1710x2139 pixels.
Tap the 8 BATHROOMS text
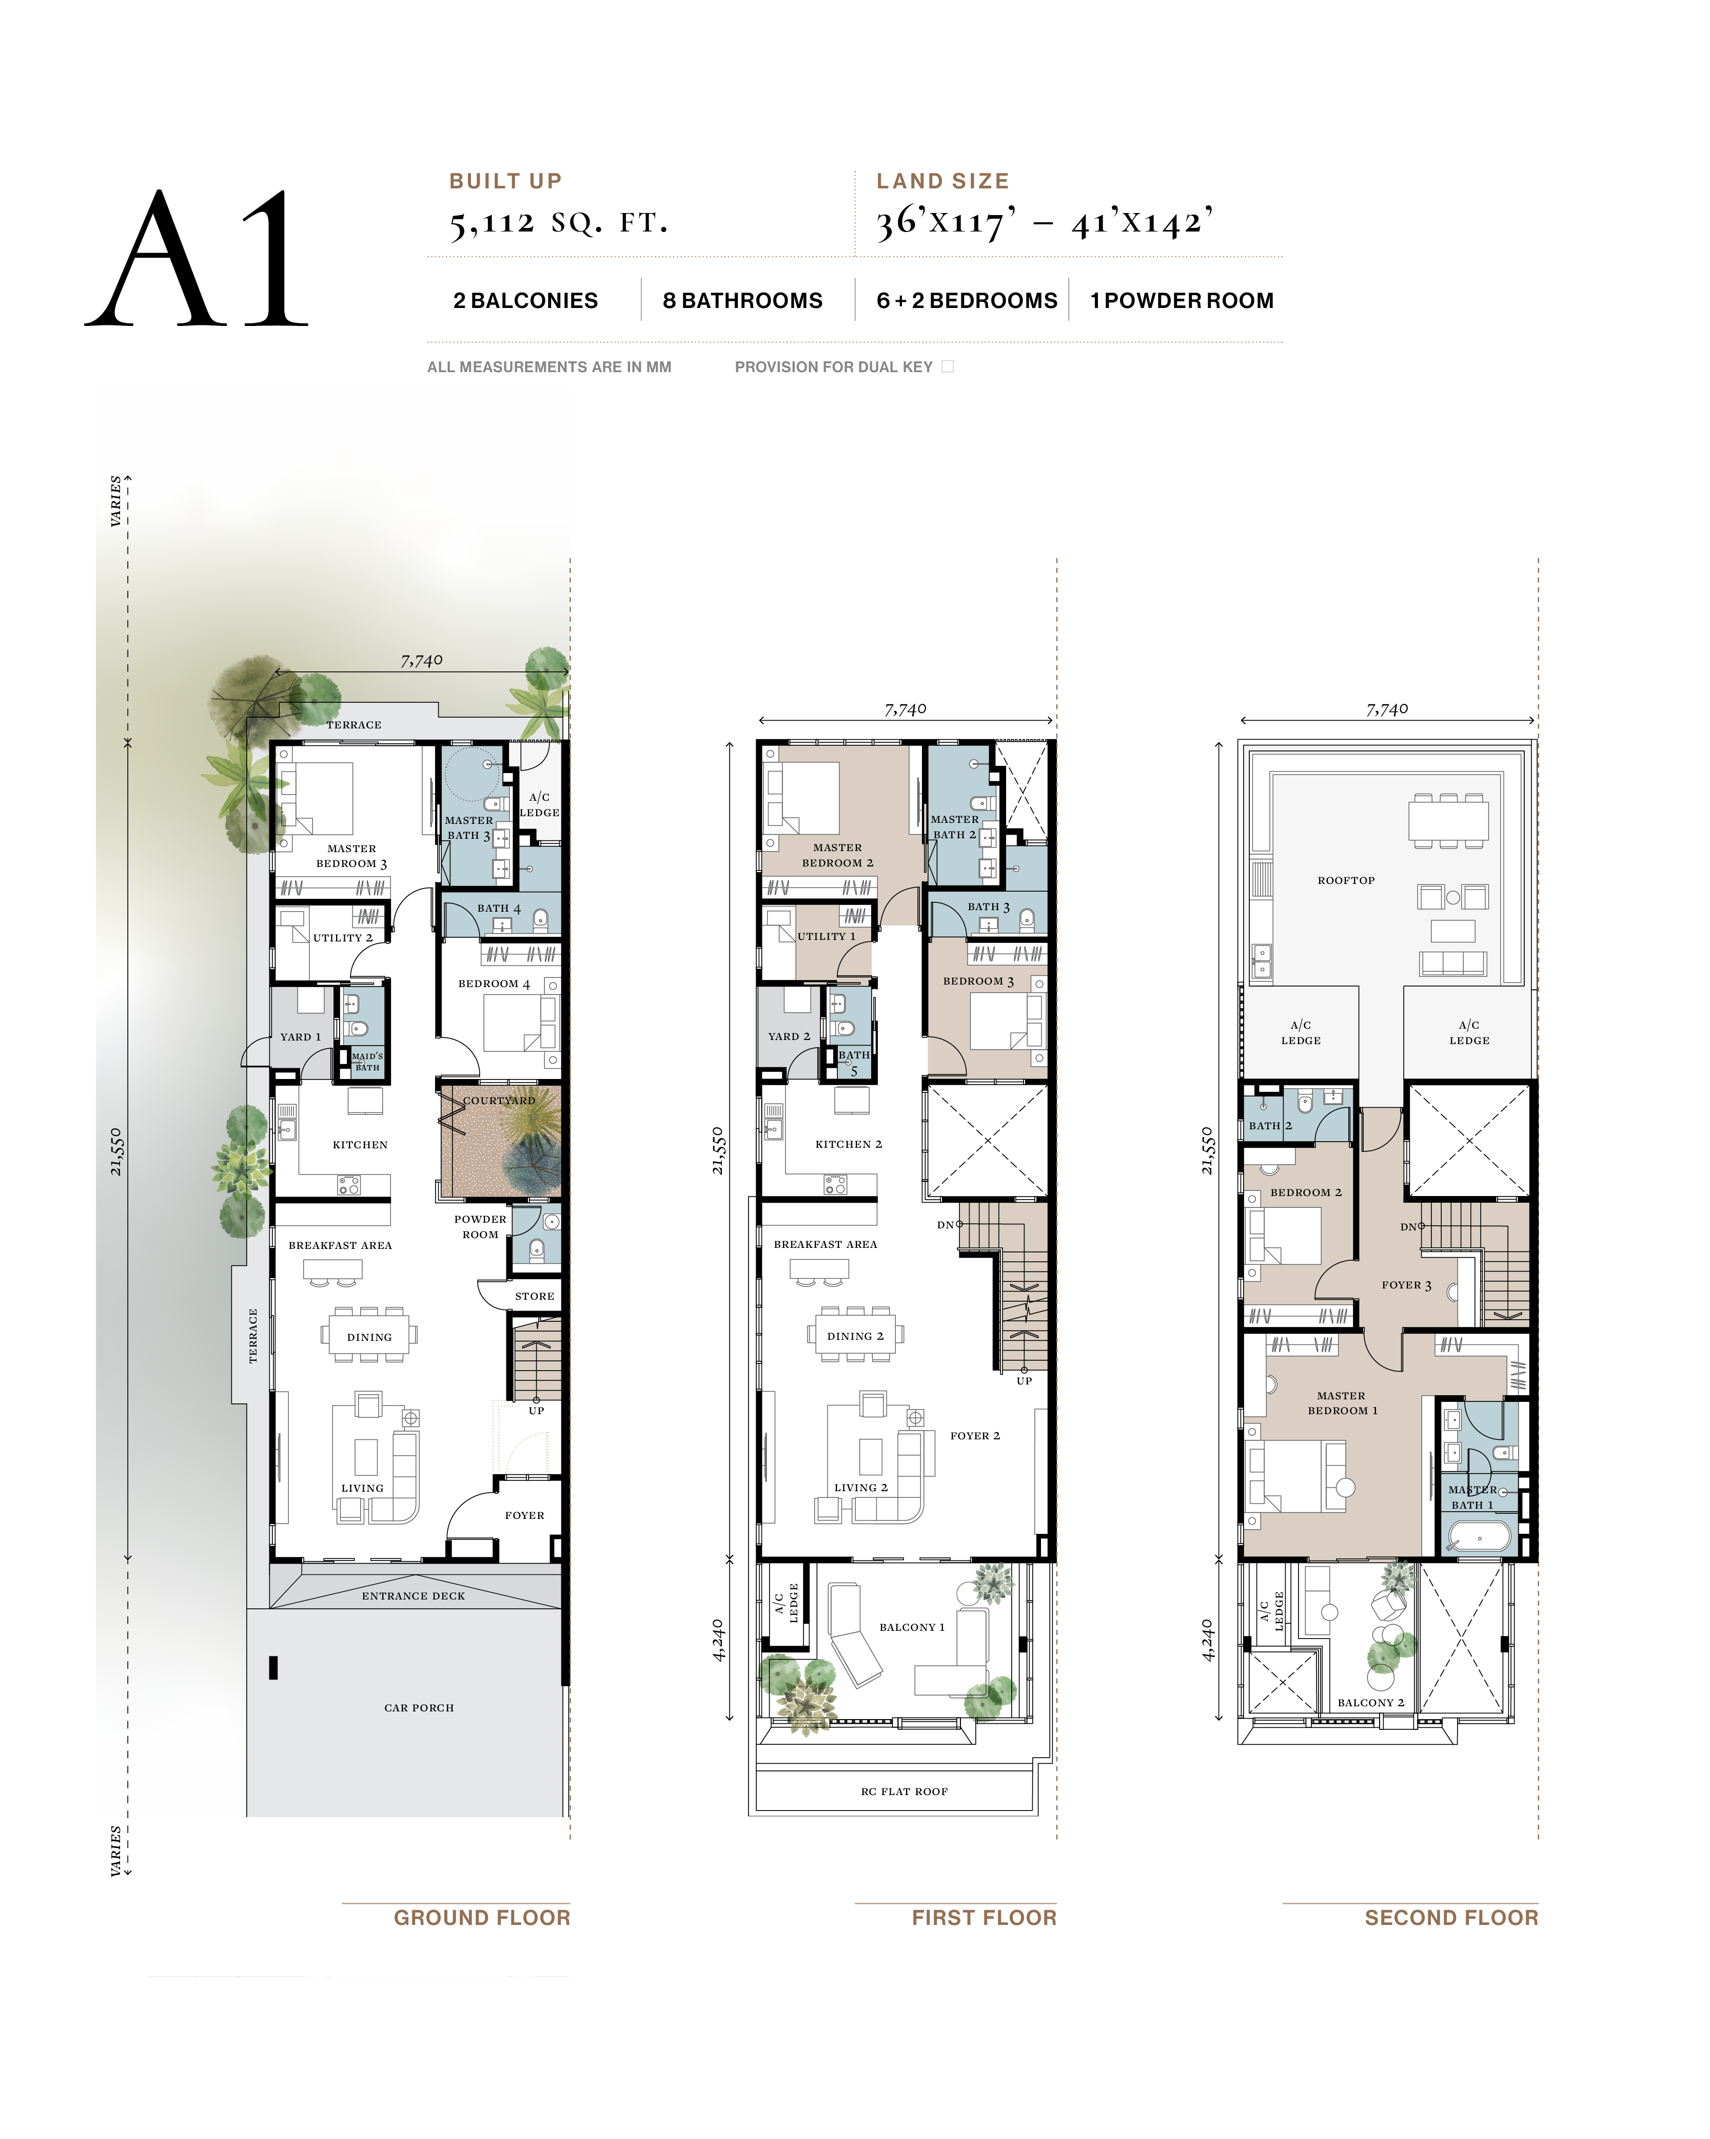pos(742,301)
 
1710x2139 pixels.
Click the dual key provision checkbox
pos(947,367)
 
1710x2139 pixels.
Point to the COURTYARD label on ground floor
pos(499,1100)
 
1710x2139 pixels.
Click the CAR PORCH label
pos(419,1707)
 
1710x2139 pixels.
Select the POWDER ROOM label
pos(480,1226)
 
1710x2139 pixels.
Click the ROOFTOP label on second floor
pos(1346,880)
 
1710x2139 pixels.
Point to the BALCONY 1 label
pos(912,1627)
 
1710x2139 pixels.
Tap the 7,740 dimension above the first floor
pos(905,709)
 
